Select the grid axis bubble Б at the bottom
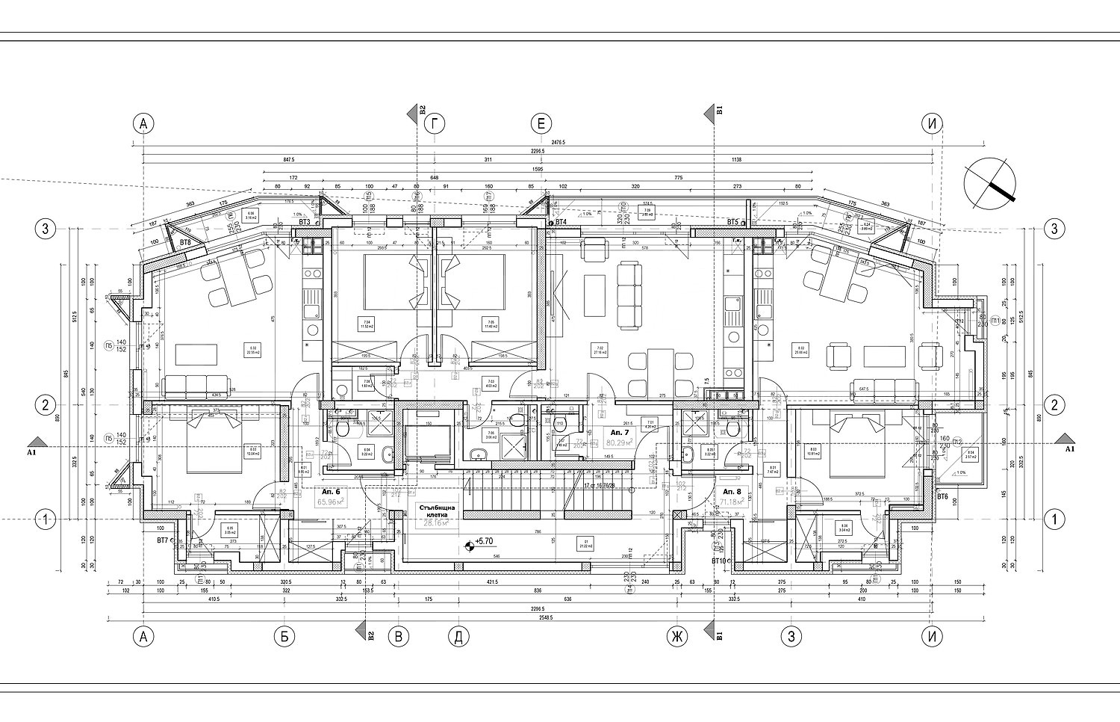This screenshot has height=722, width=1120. [284, 637]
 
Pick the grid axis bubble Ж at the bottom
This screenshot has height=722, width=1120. [677, 637]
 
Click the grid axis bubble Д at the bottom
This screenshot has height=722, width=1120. [458, 637]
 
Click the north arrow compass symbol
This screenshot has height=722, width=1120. [990, 183]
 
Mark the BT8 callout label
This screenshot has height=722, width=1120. [187, 242]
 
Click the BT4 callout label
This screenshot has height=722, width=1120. [561, 222]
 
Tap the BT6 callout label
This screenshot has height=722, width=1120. [942, 497]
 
